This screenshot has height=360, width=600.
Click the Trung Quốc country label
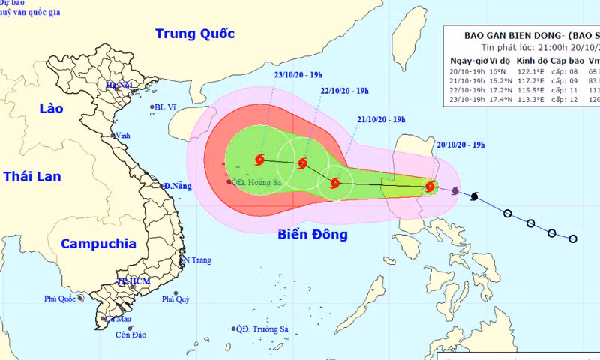(x=194, y=34)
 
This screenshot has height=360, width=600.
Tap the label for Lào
(x=51, y=109)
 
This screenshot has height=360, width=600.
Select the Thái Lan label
(x=32, y=176)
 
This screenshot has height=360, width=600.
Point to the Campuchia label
(x=98, y=243)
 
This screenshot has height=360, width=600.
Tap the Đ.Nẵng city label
(x=177, y=186)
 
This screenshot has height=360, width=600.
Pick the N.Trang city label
(x=198, y=260)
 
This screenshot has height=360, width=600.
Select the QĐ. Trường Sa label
(x=263, y=328)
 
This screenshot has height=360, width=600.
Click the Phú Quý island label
(x=176, y=300)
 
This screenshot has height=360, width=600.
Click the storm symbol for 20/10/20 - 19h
(x=430, y=187)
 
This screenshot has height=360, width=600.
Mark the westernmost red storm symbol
(x=260, y=159)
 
